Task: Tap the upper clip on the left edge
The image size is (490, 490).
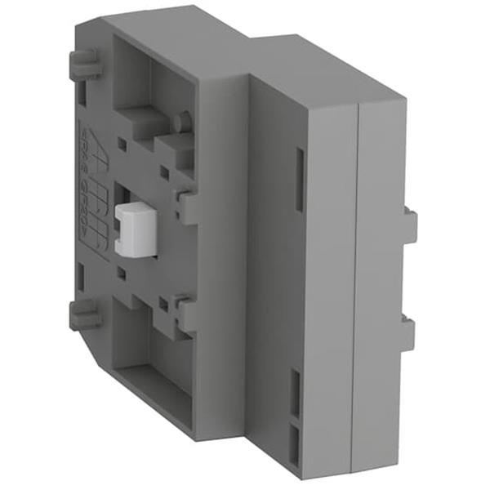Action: click(84, 64)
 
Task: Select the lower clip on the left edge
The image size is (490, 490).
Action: click(84, 314)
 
